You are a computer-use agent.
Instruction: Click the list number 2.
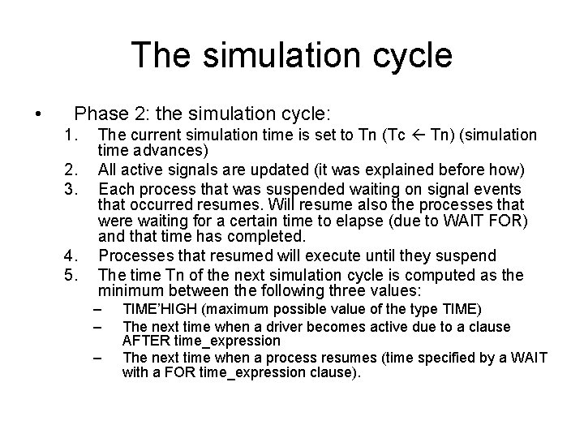click(71, 170)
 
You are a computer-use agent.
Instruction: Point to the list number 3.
click(71, 187)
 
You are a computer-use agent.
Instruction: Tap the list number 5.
click(71, 276)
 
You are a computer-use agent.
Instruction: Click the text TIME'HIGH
click(160, 310)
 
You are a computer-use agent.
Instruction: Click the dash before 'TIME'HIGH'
click(100, 310)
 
